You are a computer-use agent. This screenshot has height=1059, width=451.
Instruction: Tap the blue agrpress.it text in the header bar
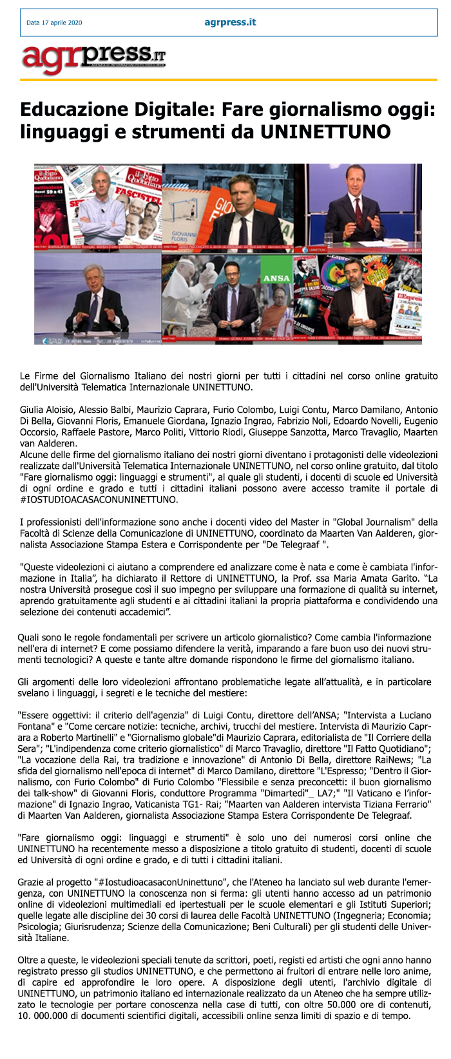(x=230, y=23)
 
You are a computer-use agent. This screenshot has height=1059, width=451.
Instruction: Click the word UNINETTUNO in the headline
(x=326, y=132)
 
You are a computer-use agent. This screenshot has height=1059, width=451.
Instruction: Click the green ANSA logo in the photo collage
(x=276, y=278)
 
